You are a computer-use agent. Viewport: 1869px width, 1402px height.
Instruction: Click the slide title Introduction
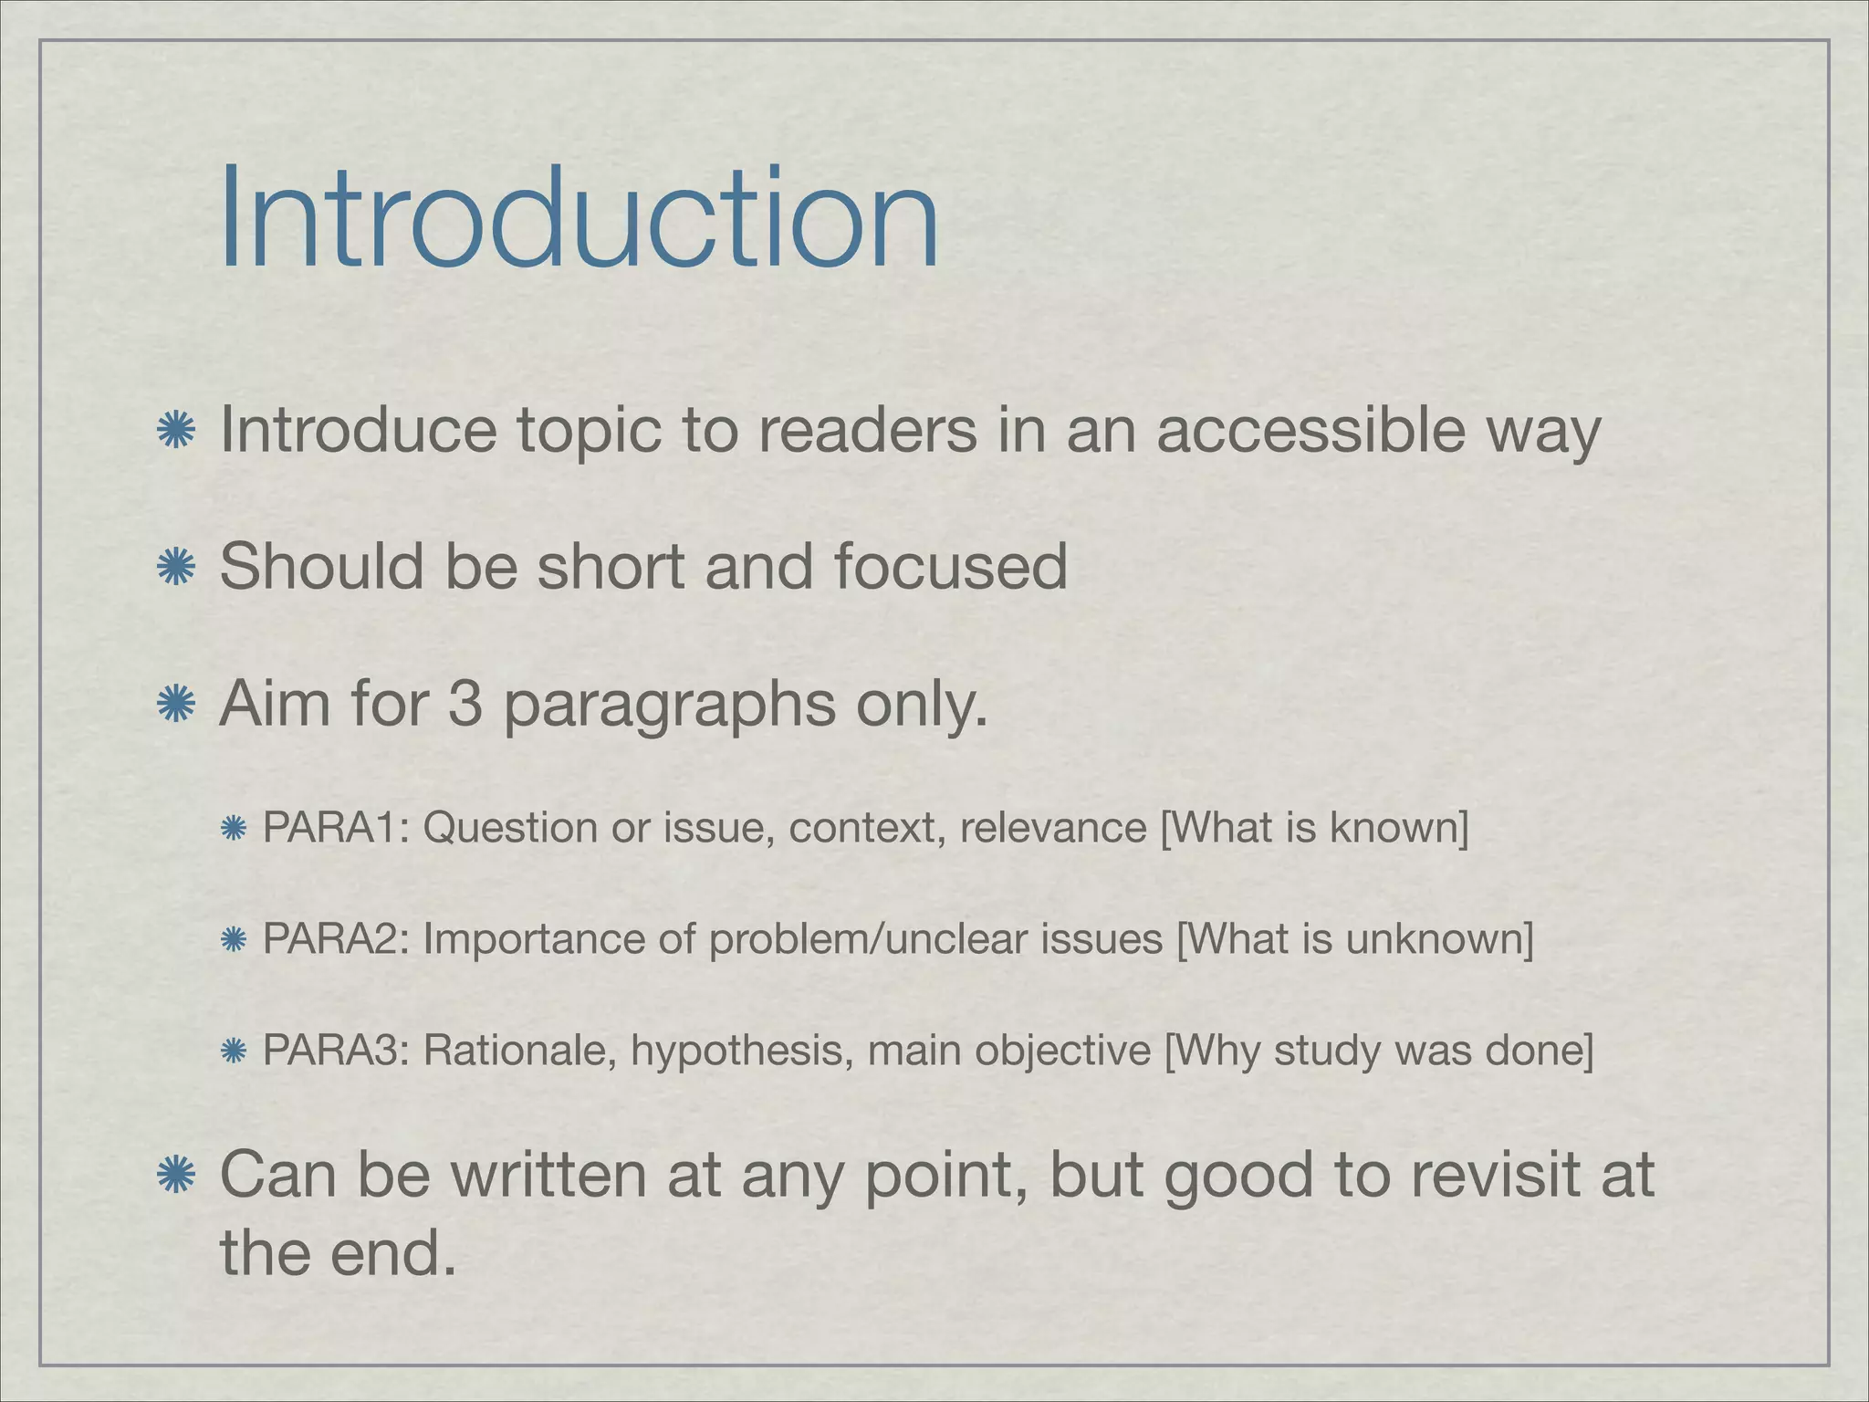[x=579, y=219]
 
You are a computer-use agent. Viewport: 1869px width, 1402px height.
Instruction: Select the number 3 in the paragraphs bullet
[x=465, y=704]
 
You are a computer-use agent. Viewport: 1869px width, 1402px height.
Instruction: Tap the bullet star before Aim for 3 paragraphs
[x=175, y=705]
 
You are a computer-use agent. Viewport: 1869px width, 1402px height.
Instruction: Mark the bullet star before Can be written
[x=175, y=1176]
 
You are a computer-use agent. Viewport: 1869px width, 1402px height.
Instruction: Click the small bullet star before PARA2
[x=234, y=940]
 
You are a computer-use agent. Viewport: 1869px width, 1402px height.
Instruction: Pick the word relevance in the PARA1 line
[x=1053, y=828]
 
